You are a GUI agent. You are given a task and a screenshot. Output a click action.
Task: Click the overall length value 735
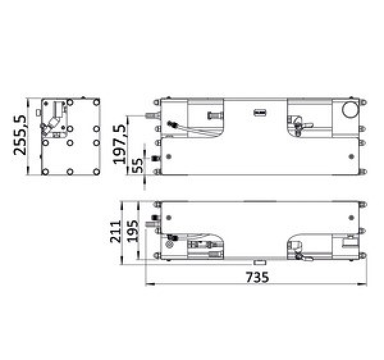255,277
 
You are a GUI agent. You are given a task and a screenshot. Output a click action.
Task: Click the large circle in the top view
350,110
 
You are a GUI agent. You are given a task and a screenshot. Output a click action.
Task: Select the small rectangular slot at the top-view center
260,113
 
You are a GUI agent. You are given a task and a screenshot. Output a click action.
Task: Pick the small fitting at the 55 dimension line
154,159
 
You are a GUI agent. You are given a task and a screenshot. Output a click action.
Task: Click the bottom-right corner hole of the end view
95,172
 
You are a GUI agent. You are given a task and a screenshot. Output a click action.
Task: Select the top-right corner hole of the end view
95,101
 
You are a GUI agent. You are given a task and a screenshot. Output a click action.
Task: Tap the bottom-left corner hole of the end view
45,172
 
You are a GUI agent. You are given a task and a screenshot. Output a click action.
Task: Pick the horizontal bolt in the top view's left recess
213,115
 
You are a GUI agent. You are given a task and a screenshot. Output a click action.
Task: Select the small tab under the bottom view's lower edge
259,262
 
